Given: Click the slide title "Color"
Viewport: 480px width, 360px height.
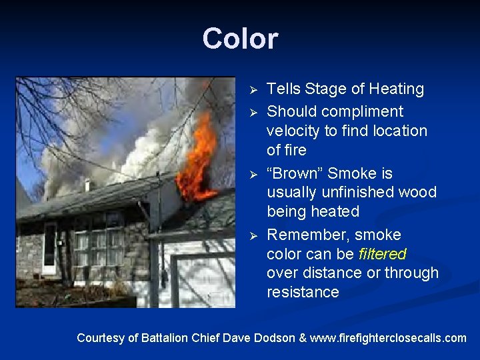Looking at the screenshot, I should point(240,39).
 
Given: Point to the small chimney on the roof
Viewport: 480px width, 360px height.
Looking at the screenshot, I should point(87,185).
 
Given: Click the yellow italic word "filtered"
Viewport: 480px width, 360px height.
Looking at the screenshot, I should point(382,254).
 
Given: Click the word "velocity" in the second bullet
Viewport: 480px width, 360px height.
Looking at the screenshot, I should point(294,131).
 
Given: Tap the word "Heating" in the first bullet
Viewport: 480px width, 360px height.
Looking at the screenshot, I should point(398,89).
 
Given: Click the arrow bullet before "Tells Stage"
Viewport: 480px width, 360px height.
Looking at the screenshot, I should point(252,89).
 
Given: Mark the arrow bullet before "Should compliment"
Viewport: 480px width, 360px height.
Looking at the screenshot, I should point(252,111).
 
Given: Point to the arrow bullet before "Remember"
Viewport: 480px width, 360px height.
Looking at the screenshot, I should point(252,235).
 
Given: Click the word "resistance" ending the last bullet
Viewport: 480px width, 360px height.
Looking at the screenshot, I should point(303,292).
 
